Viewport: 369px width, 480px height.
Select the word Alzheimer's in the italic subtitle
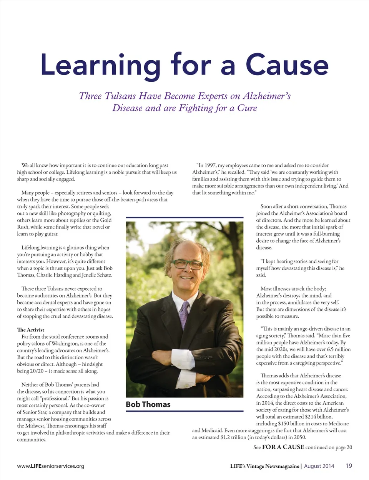click(x=266, y=96)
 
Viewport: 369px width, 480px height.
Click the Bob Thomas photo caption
click(x=148, y=404)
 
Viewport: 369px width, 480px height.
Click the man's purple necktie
click(x=184, y=315)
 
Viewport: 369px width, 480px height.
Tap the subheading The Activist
click(x=30, y=330)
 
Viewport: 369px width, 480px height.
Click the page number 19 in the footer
click(x=349, y=466)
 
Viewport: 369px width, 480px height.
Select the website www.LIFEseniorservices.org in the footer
click(x=50, y=466)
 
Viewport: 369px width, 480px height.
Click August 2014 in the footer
click(x=319, y=466)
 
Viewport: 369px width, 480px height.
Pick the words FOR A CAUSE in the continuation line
click(x=283, y=447)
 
